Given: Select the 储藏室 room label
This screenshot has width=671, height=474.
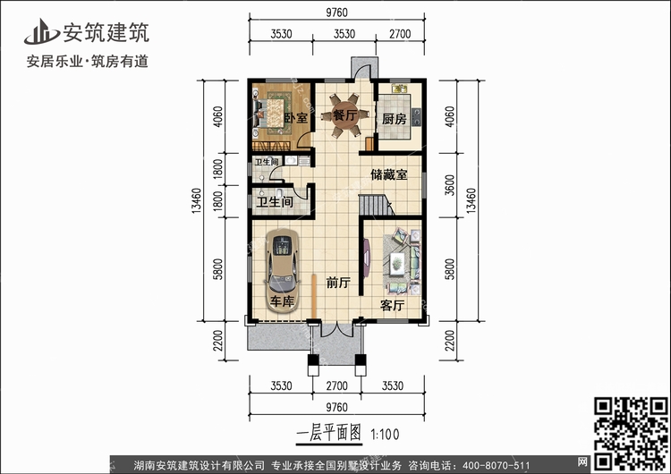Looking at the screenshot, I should click(390, 175).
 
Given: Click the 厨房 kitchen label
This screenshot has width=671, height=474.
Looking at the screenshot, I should click(395, 119).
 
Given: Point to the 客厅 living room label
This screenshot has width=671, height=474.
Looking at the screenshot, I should click(393, 305).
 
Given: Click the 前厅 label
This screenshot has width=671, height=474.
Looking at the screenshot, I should click(337, 284).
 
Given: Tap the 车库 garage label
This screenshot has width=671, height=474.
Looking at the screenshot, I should click(282, 302).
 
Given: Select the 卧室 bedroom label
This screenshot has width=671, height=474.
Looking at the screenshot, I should click(296, 118).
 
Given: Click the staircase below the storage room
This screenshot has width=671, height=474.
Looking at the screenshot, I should click(377, 206).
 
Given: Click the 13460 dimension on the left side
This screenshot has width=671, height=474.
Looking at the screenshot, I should click(208, 203).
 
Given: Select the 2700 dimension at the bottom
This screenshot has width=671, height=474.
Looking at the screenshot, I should click(336, 386).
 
